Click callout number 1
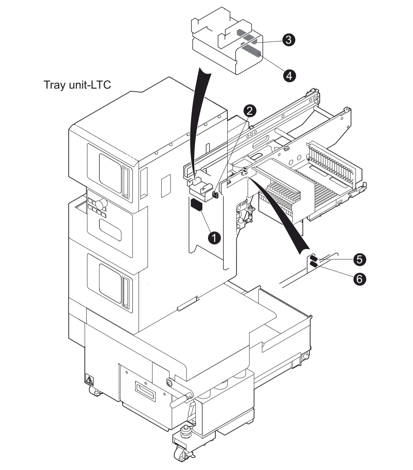point(214,238)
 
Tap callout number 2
point(250,111)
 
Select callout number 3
point(289,40)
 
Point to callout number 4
point(289,76)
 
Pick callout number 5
point(360,259)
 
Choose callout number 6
point(360,279)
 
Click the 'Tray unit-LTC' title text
point(77,85)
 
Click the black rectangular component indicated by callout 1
point(197,204)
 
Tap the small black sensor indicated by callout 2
point(215,194)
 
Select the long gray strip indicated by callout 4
point(251,51)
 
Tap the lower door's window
point(111,283)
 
